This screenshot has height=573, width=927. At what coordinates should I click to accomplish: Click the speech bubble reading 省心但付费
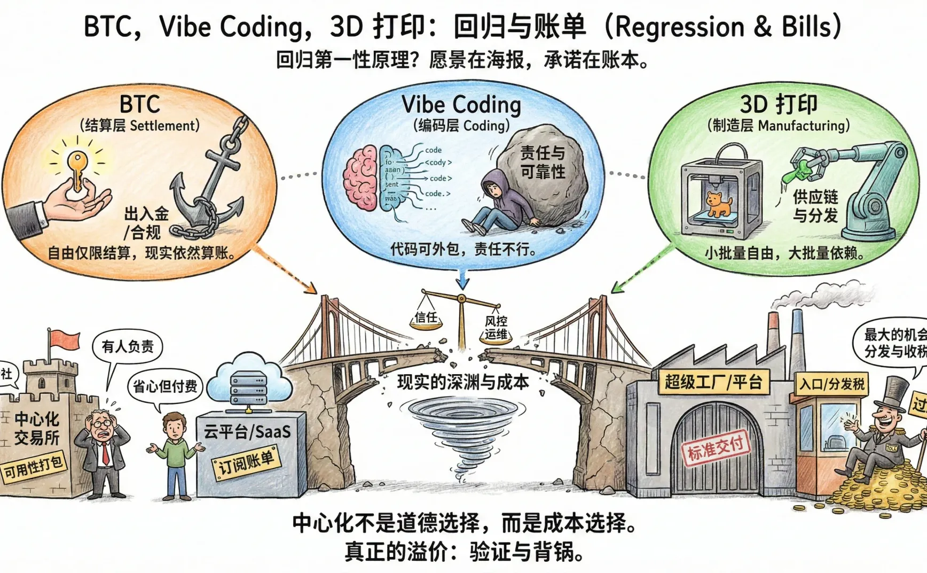[x=165, y=386]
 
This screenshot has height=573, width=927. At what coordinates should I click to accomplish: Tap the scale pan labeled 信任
[x=426, y=320]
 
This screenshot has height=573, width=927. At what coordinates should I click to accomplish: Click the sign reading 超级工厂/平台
[x=713, y=382]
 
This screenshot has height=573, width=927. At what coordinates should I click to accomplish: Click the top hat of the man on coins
[x=897, y=393]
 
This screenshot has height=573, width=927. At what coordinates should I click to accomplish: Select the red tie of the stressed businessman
[x=105, y=453]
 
